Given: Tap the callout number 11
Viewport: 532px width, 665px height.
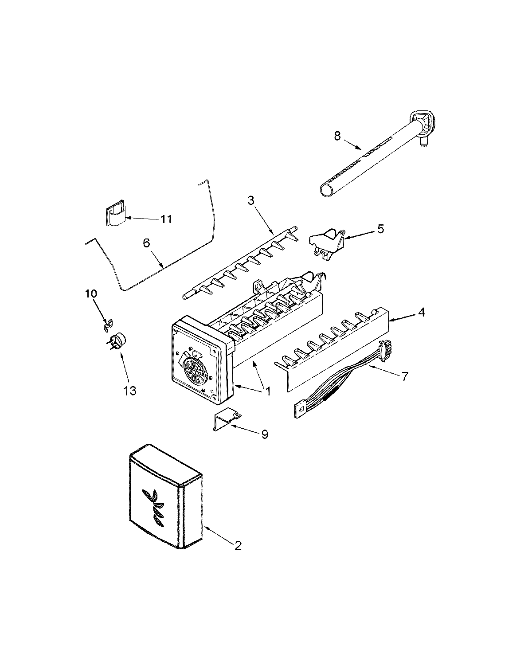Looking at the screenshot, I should pyautogui.click(x=166, y=219).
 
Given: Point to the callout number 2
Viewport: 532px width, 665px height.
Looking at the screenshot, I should pyautogui.click(x=238, y=545).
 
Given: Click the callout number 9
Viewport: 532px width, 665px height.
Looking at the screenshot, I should pyautogui.click(x=264, y=434).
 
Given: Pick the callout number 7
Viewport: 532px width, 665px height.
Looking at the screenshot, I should pyautogui.click(x=404, y=376).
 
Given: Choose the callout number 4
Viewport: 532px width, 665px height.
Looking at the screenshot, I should pyautogui.click(x=421, y=313).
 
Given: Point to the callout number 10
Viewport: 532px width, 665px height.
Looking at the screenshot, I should pyautogui.click(x=90, y=294).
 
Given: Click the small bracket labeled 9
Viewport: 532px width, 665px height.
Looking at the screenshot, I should pyautogui.click(x=226, y=421).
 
